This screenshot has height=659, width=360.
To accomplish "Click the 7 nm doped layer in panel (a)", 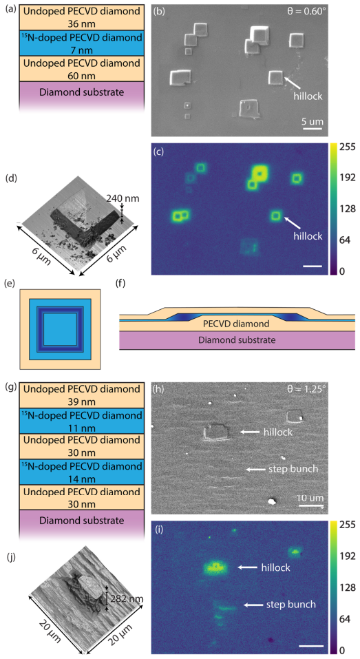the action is coord(82,43).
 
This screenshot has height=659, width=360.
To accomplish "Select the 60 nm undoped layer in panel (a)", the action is coord(82,70).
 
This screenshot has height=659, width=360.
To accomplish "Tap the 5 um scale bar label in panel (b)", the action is coord(313,122).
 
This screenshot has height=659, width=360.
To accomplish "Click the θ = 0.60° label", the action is coord(306,11).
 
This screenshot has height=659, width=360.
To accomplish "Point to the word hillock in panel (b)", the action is coord(308,96).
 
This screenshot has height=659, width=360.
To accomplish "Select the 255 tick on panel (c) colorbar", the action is coord(337,147).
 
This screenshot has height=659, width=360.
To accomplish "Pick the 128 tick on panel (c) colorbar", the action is coord(337,209).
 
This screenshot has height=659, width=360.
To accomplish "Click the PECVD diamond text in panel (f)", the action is coord(236,324).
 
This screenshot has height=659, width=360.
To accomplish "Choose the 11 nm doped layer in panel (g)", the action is coord(82,421).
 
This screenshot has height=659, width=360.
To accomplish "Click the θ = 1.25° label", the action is coord(306,389).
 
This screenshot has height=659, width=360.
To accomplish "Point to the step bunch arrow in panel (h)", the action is coord(255,469).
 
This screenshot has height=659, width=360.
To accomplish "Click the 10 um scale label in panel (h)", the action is coord(310,498).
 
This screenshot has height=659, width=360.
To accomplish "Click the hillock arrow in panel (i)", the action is coord(248,567).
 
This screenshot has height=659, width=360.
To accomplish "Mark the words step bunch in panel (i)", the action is coord(291,605).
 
